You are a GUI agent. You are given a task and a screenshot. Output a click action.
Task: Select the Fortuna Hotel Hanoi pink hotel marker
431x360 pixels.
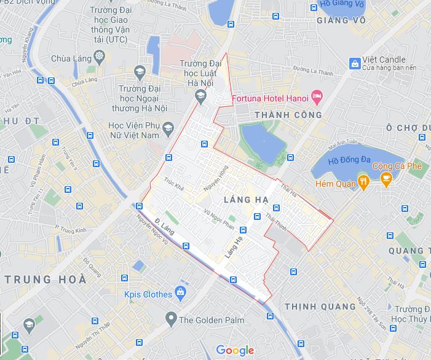[317, 96]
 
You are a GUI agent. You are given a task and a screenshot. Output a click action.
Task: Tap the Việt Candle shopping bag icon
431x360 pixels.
[354, 63]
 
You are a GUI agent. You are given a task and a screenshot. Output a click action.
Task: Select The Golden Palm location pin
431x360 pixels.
[170, 318]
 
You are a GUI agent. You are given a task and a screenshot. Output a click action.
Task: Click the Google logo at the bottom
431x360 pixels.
[235, 350]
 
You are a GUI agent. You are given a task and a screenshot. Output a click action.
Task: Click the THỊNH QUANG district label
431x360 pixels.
[320, 306]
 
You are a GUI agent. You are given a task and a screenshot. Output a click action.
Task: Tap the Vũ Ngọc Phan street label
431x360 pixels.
[220, 219]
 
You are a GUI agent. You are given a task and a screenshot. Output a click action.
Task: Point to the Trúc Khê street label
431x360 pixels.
[174, 184]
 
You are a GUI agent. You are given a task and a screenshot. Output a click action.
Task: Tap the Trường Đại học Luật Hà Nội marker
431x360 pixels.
[200, 95]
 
